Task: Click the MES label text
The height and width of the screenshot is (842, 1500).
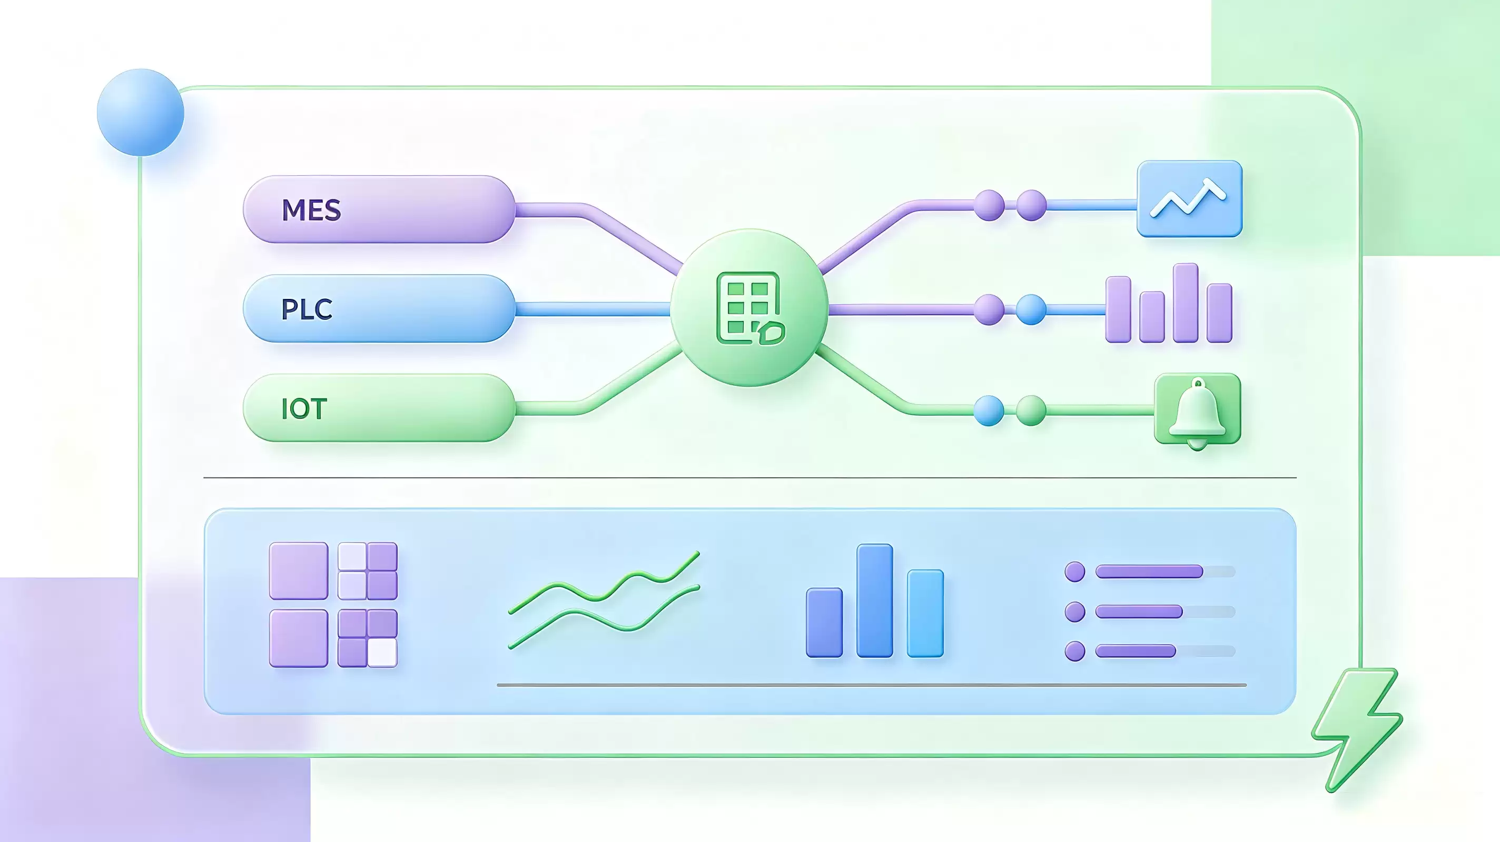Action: pyautogui.click(x=311, y=210)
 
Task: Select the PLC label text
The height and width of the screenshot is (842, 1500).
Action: pyautogui.click(x=307, y=309)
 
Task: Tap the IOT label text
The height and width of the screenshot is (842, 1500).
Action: pyautogui.click(x=303, y=408)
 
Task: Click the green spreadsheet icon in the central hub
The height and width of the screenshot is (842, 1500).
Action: pyautogui.click(x=750, y=308)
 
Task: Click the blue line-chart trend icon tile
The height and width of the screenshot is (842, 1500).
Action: pyautogui.click(x=1190, y=199)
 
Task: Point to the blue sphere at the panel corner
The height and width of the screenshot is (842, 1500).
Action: pyautogui.click(x=140, y=112)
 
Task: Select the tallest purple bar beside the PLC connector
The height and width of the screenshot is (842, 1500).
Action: pyautogui.click(x=1186, y=303)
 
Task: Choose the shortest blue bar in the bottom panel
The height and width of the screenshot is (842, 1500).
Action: pyautogui.click(x=824, y=623)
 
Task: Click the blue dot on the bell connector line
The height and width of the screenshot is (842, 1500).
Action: pyautogui.click(x=989, y=411)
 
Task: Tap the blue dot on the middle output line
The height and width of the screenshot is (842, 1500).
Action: pyautogui.click(x=1031, y=309)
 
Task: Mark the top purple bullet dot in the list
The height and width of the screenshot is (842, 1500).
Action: pyautogui.click(x=1075, y=572)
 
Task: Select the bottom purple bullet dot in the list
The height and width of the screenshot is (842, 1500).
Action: pyautogui.click(x=1075, y=651)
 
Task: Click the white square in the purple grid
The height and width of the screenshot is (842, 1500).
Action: pyautogui.click(x=382, y=653)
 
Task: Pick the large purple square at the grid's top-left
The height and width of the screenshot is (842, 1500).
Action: pyautogui.click(x=299, y=571)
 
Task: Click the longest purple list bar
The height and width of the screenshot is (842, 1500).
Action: pyautogui.click(x=1149, y=572)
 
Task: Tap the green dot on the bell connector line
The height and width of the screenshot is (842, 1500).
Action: pyautogui.click(x=1031, y=411)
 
